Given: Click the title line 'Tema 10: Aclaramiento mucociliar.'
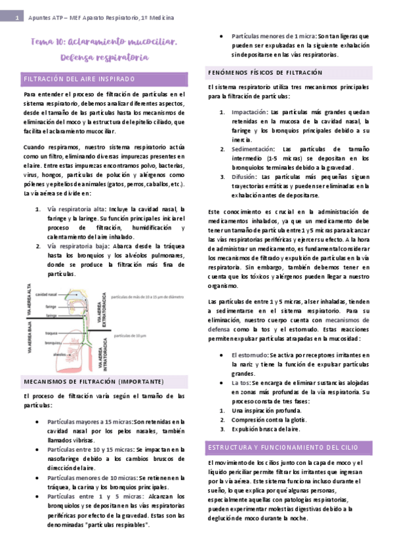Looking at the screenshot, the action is pyautogui.click(x=104, y=42).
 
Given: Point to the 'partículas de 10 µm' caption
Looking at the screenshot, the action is pyautogui.click(x=131, y=335).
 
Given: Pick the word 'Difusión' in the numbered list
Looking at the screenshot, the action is pyautogui.click(x=244, y=177).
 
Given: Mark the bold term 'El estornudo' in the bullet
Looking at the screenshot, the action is pyautogui.click(x=249, y=355).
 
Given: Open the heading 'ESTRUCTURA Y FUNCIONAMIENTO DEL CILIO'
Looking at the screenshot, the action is pyautogui.click(x=283, y=447).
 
